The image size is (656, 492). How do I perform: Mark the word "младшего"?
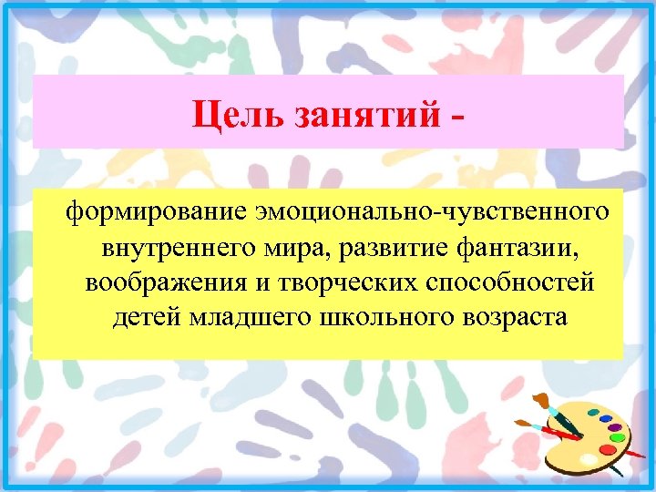229,317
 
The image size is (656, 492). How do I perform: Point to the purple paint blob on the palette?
615,426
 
